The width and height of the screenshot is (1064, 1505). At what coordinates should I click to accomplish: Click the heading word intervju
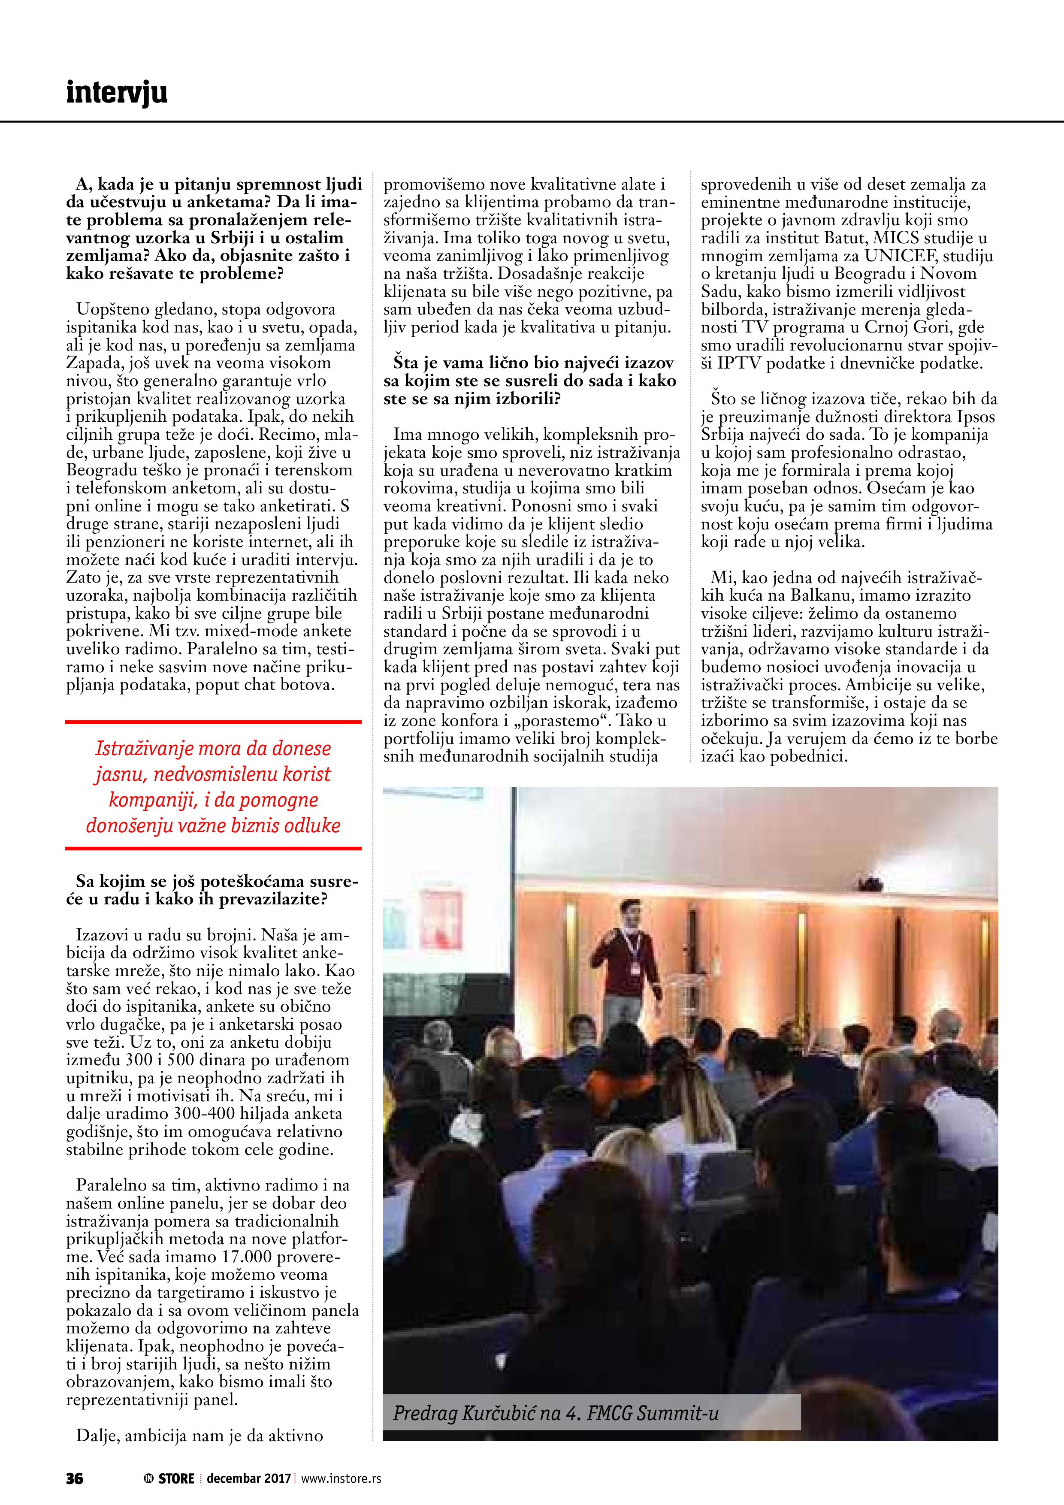(117, 92)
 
